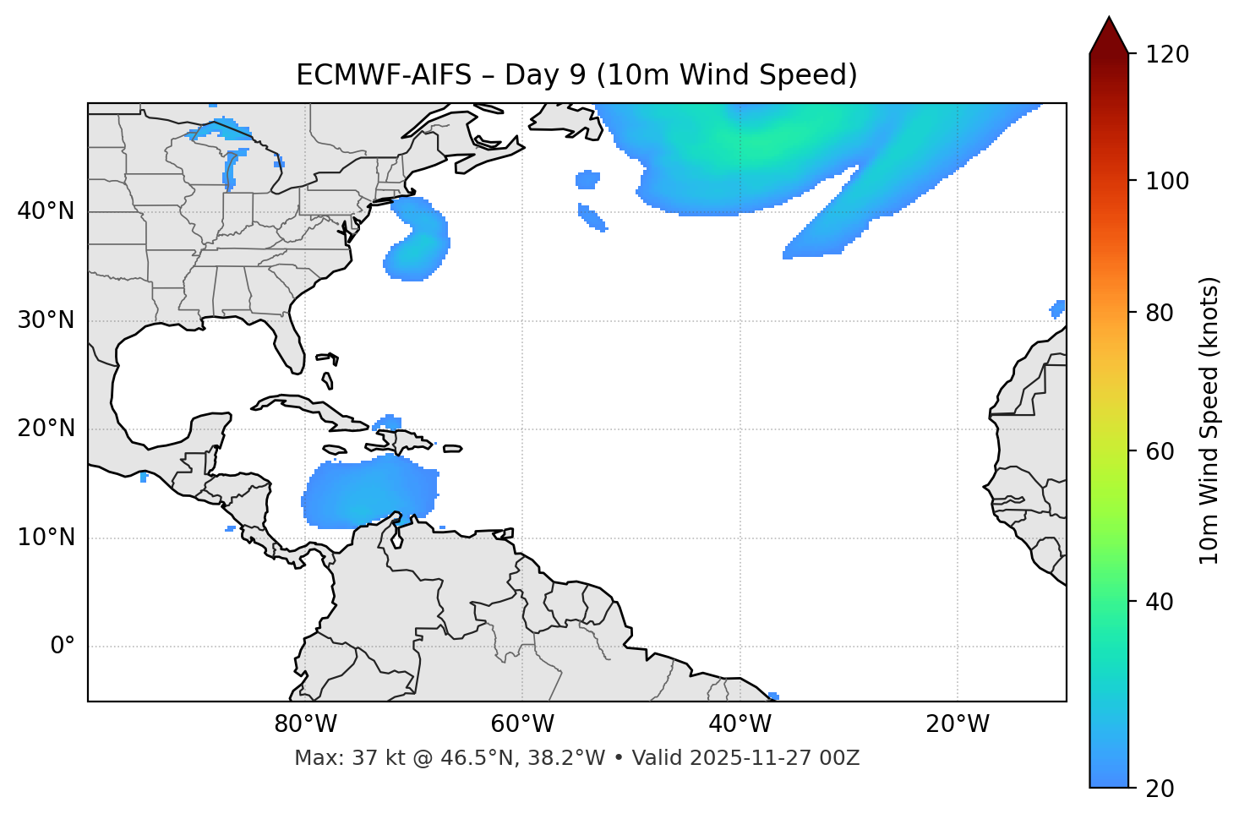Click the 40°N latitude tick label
46,211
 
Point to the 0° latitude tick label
63,647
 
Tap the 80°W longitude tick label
305,724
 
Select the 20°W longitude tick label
958,724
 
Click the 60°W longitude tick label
522,724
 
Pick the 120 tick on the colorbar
1167,55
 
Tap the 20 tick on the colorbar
1160,789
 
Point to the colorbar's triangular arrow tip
1109,19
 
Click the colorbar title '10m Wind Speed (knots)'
1209,420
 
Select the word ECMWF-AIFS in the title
383,75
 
